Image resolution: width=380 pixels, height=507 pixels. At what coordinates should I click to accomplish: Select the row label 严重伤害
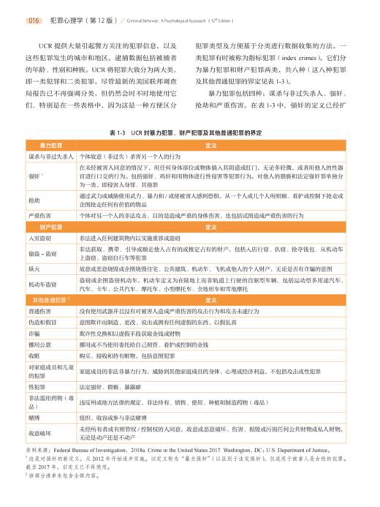(x=38, y=217)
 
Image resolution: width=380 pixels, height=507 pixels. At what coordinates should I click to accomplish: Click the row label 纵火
(x=34, y=269)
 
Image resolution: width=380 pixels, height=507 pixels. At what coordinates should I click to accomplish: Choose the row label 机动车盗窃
(x=40, y=285)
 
